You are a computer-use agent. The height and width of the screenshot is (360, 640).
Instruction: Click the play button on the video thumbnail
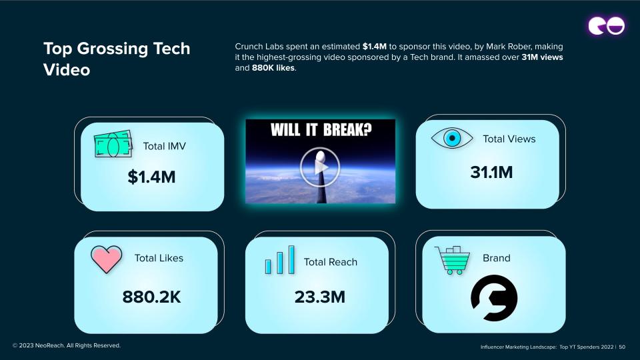coord(320,167)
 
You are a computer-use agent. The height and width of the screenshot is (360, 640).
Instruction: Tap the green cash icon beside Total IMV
coord(113,144)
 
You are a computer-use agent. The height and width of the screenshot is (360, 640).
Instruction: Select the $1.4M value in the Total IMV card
coord(151,177)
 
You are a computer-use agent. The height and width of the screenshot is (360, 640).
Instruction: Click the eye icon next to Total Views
coord(452,138)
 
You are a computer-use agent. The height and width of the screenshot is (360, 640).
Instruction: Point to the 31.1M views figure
coord(491,172)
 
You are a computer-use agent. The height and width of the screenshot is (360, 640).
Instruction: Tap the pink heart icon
coord(106,259)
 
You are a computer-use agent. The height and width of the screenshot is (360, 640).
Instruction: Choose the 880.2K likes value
coord(151,297)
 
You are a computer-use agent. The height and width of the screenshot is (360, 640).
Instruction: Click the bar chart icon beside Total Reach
coord(279,259)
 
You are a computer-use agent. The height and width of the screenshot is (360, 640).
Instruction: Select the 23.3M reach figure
coord(320,297)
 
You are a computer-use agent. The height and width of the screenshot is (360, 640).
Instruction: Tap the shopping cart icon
coord(452,260)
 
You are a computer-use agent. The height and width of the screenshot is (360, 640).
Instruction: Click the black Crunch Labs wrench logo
coord(494,298)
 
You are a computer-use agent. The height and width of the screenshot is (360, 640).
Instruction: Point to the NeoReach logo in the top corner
coord(607,26)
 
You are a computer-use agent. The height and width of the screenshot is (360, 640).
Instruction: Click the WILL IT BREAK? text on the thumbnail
coord(321,130)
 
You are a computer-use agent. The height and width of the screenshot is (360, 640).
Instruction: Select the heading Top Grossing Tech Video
coord(117,59)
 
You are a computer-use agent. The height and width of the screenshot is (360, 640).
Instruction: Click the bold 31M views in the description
coord(542,57)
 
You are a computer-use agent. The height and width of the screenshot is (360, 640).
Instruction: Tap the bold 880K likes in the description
coord(273,68)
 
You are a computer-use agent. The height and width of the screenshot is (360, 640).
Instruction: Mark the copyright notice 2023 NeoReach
coord(67,345)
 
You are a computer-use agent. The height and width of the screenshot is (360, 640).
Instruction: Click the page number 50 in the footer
coord(622,347)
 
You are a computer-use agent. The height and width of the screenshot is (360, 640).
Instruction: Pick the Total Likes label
coord(159,258)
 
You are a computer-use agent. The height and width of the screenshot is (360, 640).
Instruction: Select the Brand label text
coord(496,258)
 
